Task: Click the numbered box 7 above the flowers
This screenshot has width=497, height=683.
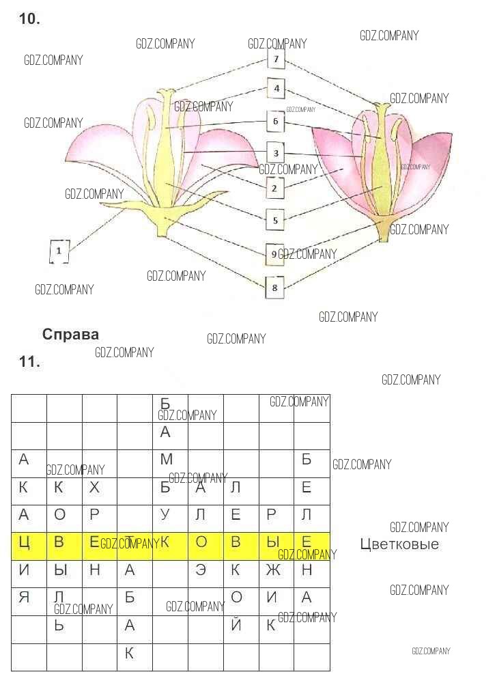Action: pos(276,59)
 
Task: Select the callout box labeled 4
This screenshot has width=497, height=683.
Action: pos(276,89)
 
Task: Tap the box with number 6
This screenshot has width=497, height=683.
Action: pos(276,122)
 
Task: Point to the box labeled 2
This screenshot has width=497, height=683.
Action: pos(274,188)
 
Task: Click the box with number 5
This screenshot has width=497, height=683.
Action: pos(275,220)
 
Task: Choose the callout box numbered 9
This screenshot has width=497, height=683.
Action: pos(274,254)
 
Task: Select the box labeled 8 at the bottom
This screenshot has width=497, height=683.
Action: pos(274,288)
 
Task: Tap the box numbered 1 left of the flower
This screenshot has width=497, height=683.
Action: pos(59,251)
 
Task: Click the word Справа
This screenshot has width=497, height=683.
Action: pos(70,335)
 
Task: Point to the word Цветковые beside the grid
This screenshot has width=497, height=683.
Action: pos(399,544)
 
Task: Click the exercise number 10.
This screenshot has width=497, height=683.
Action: pos(29,19)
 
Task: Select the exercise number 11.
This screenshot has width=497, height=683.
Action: pos(29,362)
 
